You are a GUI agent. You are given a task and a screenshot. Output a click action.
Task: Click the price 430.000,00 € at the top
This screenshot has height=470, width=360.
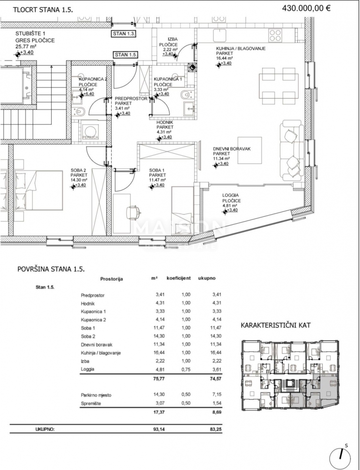(307, 7)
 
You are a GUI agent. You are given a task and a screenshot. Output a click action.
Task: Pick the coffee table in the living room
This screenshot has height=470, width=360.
(249, 150)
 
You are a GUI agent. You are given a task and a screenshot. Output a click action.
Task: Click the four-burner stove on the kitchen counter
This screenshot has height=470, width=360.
(275, 33)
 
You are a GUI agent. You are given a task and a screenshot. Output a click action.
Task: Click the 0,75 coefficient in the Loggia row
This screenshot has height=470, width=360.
(186, 369)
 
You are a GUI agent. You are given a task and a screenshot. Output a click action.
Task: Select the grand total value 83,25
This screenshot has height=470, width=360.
(215, 429)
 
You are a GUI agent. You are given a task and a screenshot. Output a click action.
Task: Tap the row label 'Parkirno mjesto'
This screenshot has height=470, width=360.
(96, 395)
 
